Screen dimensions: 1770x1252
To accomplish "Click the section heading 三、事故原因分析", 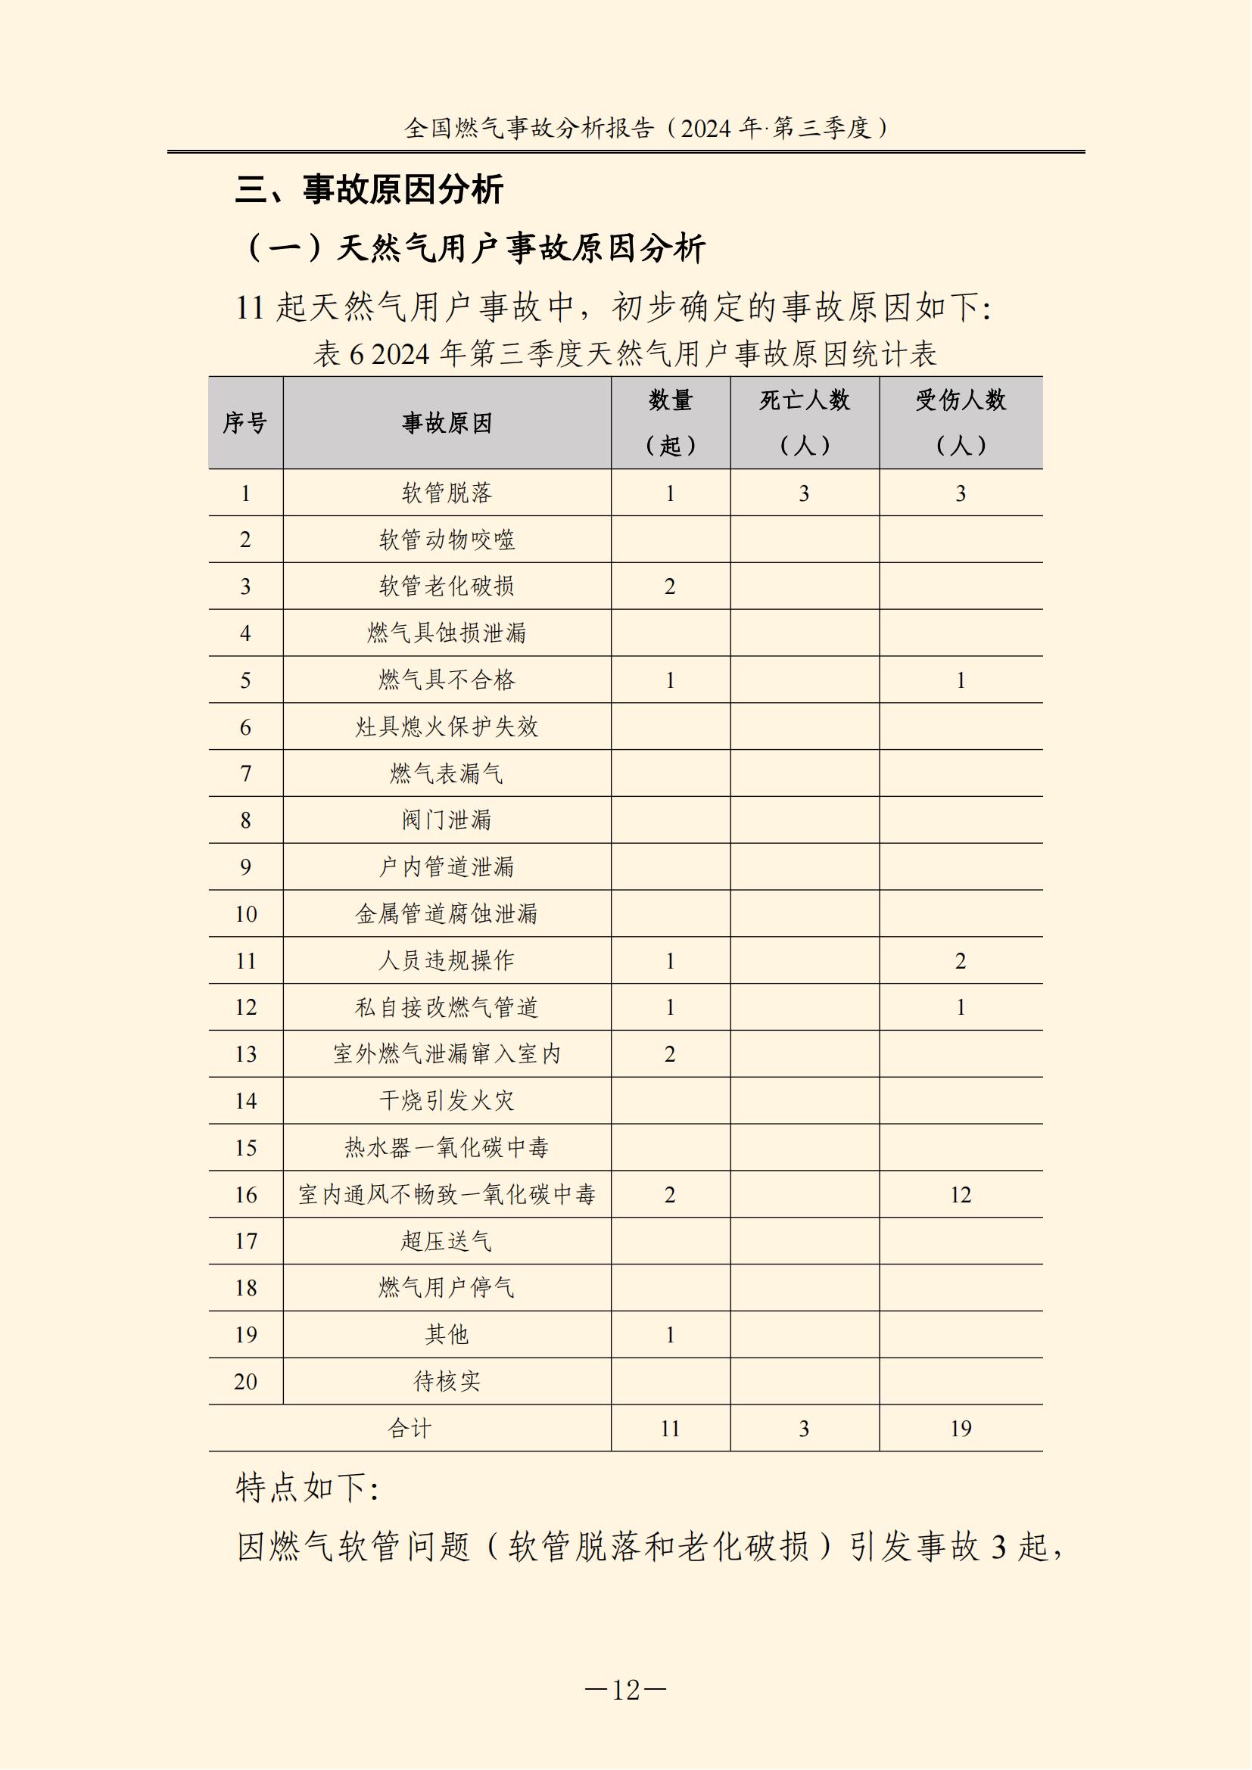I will tap(369, 190).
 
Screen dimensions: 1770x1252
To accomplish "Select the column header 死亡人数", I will tap(804, 401).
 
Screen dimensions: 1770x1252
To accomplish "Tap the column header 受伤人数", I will tap(961, 401).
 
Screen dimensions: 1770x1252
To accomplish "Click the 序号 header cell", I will tap(245, 422).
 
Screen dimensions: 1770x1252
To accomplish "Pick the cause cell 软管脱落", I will tap(447, 493).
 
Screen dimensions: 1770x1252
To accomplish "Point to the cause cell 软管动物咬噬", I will tap(447, 540).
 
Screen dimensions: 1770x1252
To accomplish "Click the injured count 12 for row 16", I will tap(961, 1195).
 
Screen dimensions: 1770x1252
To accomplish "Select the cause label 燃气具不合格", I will tap(447, 680).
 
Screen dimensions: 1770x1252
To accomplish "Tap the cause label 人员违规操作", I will tap(447, 960).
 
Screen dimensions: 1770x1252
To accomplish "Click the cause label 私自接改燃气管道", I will tap(447, 1007).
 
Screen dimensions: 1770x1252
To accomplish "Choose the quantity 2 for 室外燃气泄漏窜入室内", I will tap(670, 1055).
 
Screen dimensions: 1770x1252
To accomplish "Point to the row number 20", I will tap(245, 1382).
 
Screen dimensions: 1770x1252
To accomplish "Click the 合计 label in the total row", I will tap(410, 1429).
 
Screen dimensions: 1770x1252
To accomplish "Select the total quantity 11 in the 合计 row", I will tap(670, 1429).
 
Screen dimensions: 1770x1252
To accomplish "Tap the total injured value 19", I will tap(961, 1429).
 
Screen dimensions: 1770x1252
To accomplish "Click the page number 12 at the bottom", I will tap(625, 1690).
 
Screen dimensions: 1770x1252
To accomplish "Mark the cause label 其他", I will tap(447, 1334).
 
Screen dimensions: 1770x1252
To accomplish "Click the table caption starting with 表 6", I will tap(624, 355).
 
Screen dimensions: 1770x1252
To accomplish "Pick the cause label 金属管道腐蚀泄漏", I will tap(447, 914).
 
